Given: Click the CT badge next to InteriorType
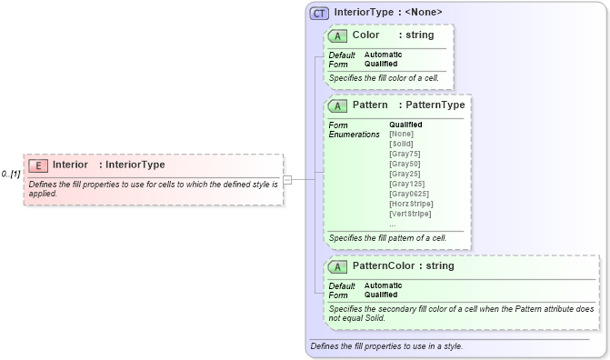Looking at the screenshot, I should point(319,13).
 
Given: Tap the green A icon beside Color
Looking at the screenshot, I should point(338,35).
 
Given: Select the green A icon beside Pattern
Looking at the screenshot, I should point(338,105).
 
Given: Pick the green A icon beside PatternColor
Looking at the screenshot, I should point(338,266).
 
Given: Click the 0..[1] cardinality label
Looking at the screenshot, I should point(11,173).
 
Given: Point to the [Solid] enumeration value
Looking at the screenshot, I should point(400,145).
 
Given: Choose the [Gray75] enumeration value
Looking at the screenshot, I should point(404,155).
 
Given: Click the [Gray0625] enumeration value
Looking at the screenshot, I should point(407,194).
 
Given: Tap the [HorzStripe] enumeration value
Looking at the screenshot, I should point(410,204).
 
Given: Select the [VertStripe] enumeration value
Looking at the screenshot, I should point(410,214).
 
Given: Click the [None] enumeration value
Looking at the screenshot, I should point(401,135).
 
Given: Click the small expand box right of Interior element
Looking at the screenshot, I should point(287,179).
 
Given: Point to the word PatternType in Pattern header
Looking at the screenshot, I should point(436,105).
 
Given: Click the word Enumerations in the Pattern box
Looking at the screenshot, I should point(354,135).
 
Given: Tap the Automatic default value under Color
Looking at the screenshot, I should point(383,55).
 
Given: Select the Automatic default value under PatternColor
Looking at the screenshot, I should point(383,285).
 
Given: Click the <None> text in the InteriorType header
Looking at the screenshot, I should point(424,13).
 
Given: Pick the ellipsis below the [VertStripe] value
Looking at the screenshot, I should point(393,224).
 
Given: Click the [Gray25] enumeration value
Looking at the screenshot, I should point(404,174).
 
